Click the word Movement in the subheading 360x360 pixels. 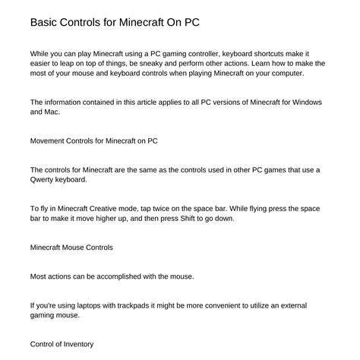[49, 141]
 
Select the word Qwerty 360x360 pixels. [44, 179]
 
